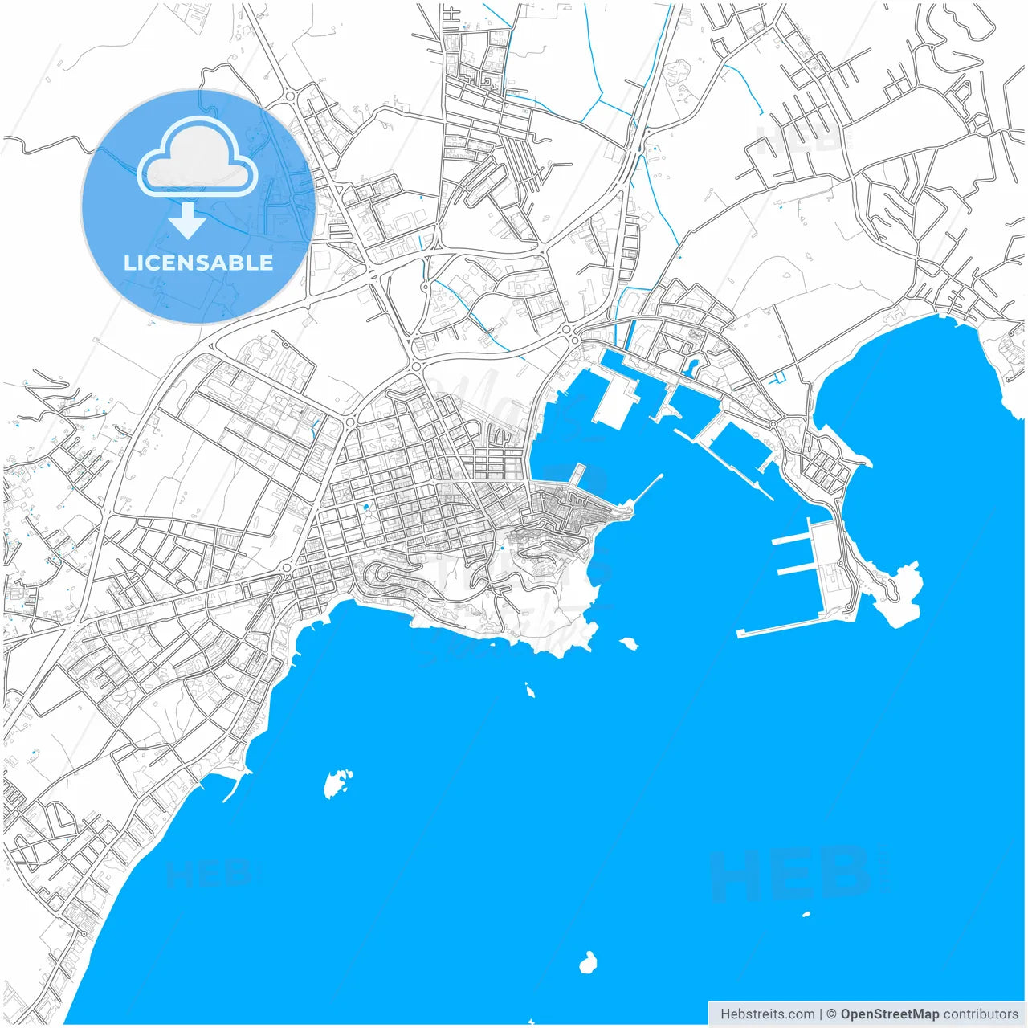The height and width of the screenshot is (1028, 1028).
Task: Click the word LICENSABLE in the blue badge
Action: pos(198,263)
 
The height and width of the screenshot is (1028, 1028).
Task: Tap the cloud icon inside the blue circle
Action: pos(197,159)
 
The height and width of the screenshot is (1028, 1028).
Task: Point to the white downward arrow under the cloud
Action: pos(187,221)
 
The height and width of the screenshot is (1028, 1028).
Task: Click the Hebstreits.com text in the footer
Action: pos(768,1014)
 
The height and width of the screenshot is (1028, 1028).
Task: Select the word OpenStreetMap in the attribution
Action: pos(889,1014)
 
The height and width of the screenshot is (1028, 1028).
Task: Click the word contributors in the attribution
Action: pos(980,1014)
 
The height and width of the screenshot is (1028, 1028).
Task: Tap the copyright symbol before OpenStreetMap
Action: pos(832,1014)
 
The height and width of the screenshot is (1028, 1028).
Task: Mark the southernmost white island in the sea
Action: pos(589,962)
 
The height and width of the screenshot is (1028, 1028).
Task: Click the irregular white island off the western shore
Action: pos(337,782)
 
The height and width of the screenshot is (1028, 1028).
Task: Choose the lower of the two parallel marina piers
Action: pos(797,569)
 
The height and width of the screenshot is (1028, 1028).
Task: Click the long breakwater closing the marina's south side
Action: pos(791,626)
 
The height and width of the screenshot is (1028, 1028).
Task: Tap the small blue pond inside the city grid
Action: pos(365,508)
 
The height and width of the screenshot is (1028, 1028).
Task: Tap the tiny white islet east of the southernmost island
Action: pos(806,914)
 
